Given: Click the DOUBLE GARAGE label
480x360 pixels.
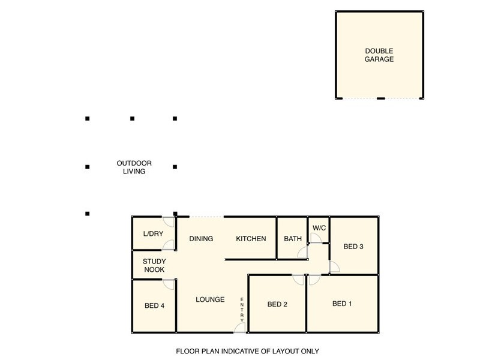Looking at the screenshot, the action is tap(379, 55).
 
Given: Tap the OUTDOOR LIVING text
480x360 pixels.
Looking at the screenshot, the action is tap(134, 167).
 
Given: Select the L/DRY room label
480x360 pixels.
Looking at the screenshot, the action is tap(153, 233).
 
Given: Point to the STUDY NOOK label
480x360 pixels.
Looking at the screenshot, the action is tap(154, 265).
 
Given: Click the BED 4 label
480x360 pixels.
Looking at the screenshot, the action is tap(154, 305).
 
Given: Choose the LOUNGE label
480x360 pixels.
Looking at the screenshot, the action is tap(210, 299).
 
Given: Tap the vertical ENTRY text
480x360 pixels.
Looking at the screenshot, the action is tap(242, 310).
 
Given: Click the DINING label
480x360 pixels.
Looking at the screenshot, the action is tap(201, 238).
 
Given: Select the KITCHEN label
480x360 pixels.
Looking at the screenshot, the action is tap(251, 238).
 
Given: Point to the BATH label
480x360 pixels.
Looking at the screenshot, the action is tap(293, 238).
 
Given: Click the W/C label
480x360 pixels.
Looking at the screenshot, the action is tap(319, 228).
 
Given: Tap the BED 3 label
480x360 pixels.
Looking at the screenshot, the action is tap(353, 247).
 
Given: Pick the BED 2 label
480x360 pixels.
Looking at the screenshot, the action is tap(277, 304).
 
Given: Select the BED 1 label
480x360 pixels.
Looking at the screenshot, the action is tap(342, 304).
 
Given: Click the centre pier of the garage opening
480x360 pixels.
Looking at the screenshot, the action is tap(380, 98).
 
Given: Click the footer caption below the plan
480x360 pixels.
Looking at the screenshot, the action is tap(247, 351).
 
